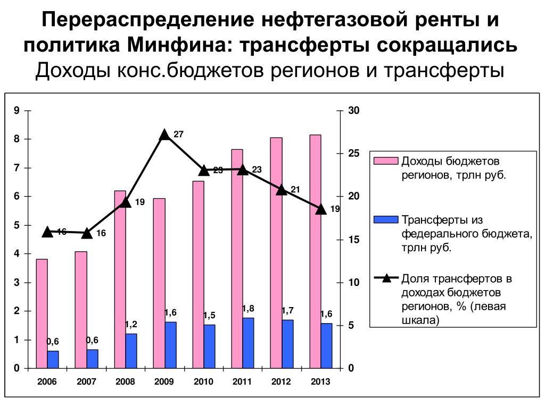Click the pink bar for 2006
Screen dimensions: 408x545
point(42,313)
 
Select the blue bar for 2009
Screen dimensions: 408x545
point(170,345)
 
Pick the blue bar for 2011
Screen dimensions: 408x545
point(248,343)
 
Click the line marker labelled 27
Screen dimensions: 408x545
point(165,135)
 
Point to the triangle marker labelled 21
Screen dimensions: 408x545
point(282,190)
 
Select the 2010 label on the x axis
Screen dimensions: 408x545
point(203,382)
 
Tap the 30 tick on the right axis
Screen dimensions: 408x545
point(354,110)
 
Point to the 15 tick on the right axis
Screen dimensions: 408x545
point(354,240)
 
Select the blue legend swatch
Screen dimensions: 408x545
point(385,219)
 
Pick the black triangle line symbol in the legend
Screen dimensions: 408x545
point(385,277)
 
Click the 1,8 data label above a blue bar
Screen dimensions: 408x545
point(248,309)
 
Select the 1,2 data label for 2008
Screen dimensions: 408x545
point(131,325)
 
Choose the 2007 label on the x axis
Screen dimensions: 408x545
point(87,382)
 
